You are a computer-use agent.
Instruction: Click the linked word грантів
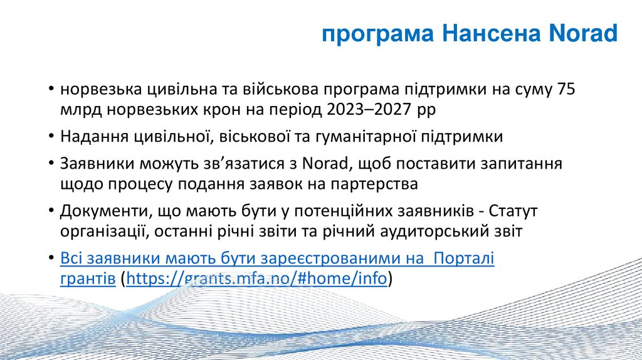(x=87, y=278)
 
